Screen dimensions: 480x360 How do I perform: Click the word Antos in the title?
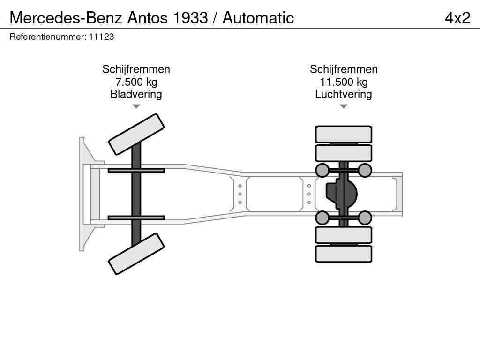point(147,18)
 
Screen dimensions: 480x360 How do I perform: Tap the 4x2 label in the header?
point(457,18)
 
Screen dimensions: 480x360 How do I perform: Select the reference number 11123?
point(101,37)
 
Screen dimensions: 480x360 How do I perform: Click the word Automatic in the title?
point(258,18)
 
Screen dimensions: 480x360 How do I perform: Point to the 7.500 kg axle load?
point(136,82)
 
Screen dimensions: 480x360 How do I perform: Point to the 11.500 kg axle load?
point(344,82)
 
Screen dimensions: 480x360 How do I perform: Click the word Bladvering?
point(136,94)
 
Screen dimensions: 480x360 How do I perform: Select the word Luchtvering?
point(344,94)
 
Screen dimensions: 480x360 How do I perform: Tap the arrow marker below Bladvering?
point(136,106)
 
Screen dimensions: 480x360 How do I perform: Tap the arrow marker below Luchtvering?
point(344,106)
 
